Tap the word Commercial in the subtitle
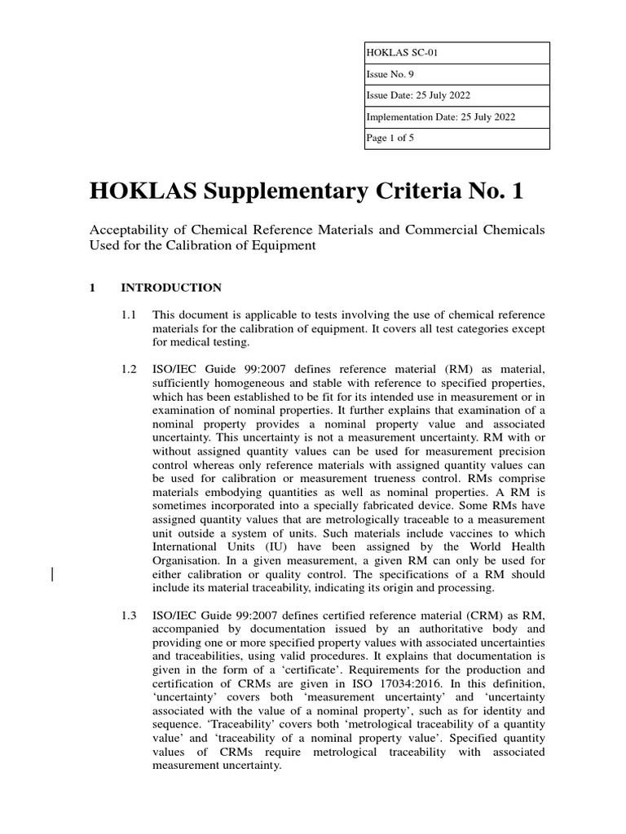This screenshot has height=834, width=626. point(439,230)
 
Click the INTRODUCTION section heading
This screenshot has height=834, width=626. point(170,288)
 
